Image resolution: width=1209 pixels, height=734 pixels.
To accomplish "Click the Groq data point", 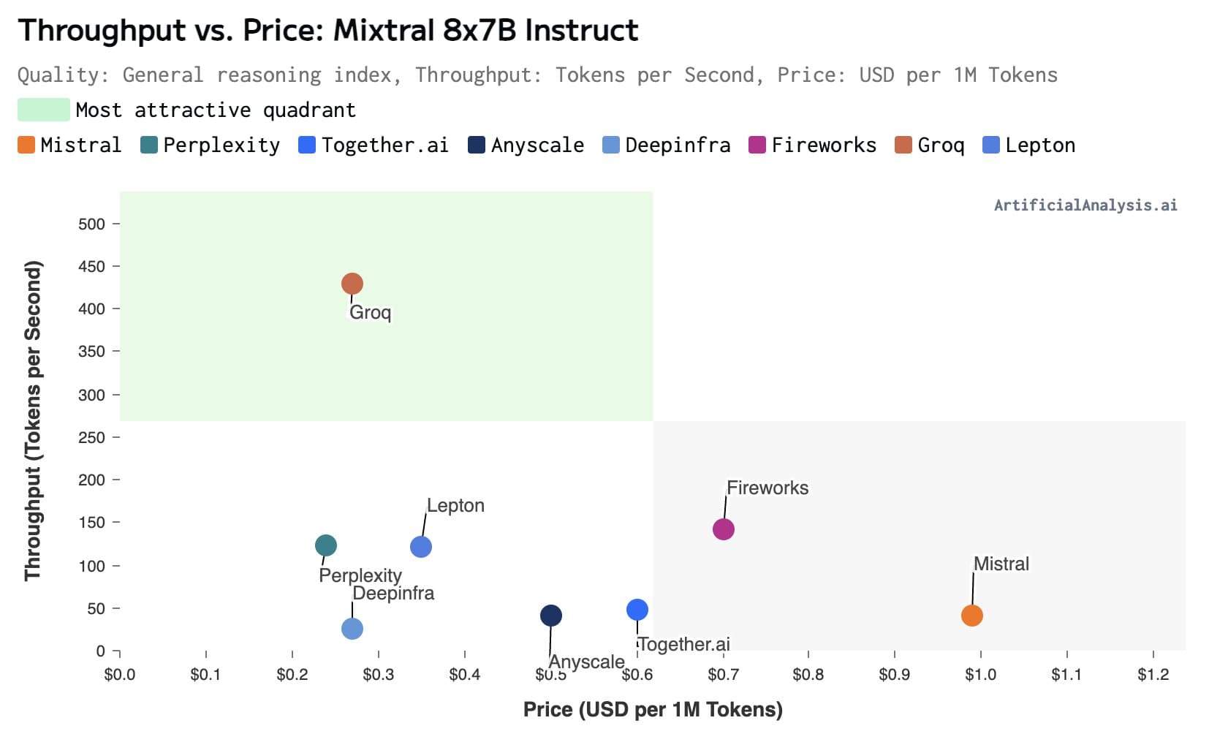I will (x=352, y=284).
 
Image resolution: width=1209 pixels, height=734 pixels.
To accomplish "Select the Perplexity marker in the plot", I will (x=325, y=545).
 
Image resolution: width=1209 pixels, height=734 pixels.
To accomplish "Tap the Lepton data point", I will (x=420, y=547).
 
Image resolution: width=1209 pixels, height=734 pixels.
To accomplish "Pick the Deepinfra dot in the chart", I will (x=352, y=629).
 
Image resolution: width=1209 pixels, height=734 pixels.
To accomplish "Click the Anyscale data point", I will (x=550, y=616).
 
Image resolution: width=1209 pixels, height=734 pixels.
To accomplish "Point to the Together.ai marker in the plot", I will (x=637, y=610).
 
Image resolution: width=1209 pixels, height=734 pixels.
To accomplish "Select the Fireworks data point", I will (x=723, y=529).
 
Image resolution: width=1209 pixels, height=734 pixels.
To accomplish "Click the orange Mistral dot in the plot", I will (x=971, y=616).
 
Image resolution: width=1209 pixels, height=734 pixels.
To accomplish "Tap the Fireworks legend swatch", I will (x=757, y=145).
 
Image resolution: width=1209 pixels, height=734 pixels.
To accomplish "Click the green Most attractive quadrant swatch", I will (x=44, y=110).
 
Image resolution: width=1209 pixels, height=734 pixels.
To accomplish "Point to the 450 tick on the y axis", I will (x=91, y=266).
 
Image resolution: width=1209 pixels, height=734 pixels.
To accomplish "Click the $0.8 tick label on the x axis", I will (x=808, y=674).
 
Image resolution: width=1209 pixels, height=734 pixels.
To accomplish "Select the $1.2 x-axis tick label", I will (x=1153, y=674).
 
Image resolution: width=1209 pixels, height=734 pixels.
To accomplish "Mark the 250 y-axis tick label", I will (x=91, y=437).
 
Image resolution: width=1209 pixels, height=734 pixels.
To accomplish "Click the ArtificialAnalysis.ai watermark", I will (x=1085, y=205).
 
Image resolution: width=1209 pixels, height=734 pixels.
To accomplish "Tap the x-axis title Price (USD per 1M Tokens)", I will (x=653, y=709).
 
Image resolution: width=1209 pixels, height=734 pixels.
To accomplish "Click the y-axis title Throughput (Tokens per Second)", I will (x=33, y=421).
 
